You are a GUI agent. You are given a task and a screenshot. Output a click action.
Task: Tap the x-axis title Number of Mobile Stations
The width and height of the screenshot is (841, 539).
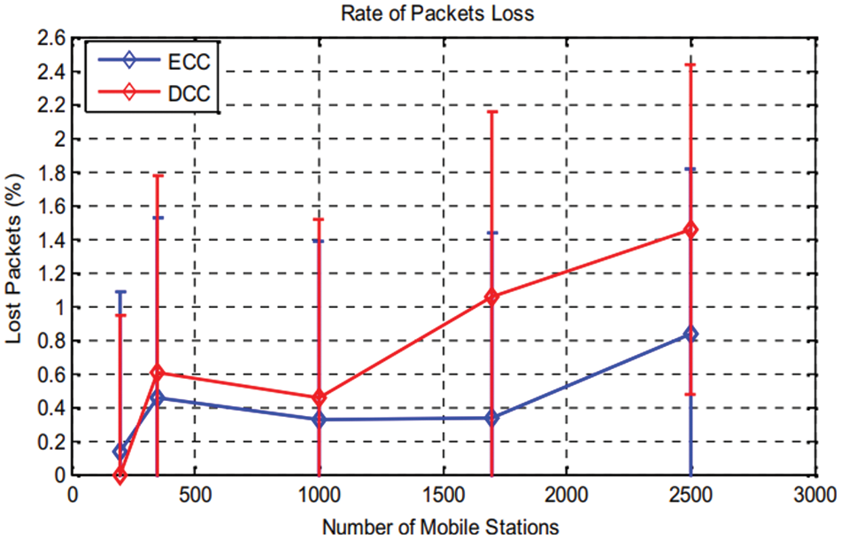click(x=440, y=526)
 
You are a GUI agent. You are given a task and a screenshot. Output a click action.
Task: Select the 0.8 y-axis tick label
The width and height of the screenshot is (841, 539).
click(x=53, y=341)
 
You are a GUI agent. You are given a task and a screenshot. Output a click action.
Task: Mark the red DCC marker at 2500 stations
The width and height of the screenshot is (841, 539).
click(x=691, y=230)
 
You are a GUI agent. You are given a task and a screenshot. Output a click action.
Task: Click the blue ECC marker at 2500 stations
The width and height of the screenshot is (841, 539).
click(x=691, y=334)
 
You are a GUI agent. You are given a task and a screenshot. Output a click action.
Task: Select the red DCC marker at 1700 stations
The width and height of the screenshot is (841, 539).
click(x=492, y=297)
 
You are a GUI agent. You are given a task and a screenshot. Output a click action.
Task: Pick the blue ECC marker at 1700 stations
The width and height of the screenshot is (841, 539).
click(x=492, y=418)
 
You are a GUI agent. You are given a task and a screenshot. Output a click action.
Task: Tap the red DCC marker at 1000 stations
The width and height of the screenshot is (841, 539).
click(x=319, y=398)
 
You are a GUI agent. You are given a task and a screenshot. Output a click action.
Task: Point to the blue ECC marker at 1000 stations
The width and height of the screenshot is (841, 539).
click(x=319, y=420)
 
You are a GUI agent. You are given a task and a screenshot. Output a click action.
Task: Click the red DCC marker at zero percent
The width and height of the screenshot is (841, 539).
click(x=120, y=476)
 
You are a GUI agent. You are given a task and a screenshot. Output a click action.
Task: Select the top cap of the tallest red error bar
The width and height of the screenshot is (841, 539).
click(x=691, y=65)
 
